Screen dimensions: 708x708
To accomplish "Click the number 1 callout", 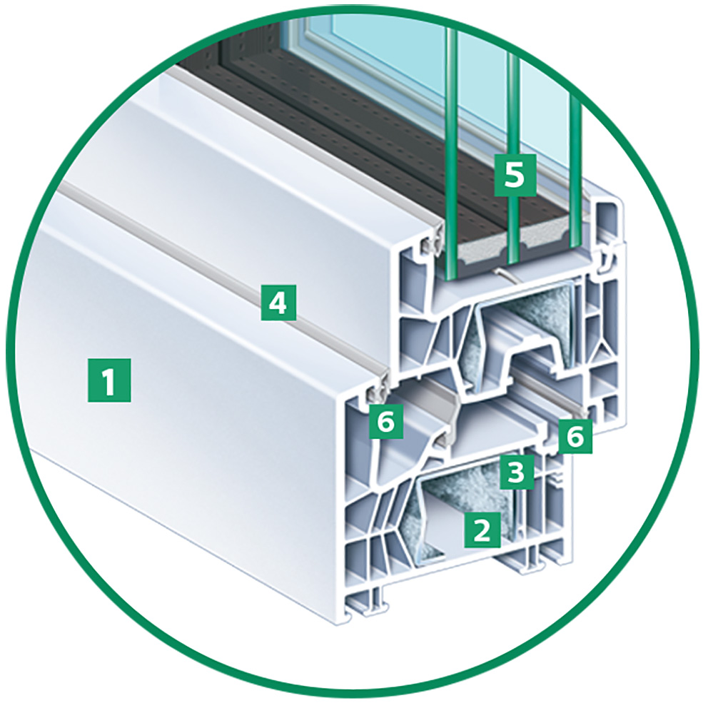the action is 108,380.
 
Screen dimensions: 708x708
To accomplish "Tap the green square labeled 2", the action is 482,530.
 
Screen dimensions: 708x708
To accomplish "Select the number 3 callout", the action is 517,472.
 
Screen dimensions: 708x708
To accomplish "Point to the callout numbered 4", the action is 278,303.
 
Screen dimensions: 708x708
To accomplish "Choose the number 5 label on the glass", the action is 515,175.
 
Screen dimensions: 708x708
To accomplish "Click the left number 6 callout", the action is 387,421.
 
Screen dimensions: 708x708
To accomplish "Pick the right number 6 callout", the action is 575,437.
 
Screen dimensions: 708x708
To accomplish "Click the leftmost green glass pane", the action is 450,153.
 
